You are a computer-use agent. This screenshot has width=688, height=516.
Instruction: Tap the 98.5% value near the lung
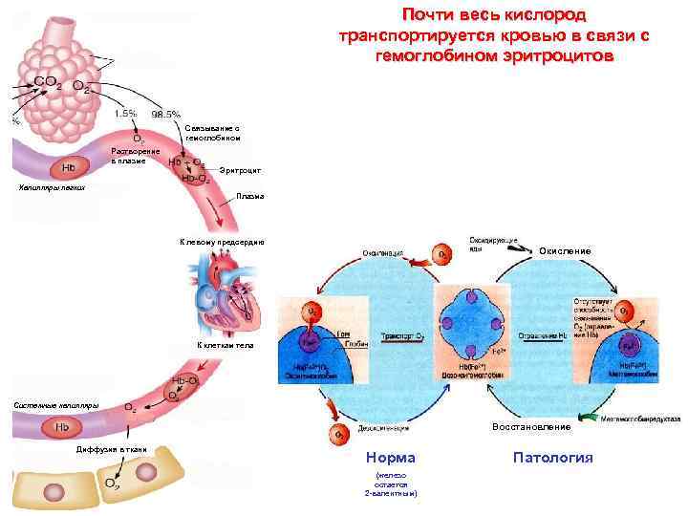[166, 114]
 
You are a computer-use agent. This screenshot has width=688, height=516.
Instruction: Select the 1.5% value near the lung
[124, 114]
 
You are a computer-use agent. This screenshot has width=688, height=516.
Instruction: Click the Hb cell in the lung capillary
[69, 169]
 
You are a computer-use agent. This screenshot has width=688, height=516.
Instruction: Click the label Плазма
[249, 197]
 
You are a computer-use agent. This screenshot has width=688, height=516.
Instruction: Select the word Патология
[552, 458]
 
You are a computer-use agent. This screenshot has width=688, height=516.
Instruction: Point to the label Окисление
[564, 250]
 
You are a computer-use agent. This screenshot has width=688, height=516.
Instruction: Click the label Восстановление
[532, 426]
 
